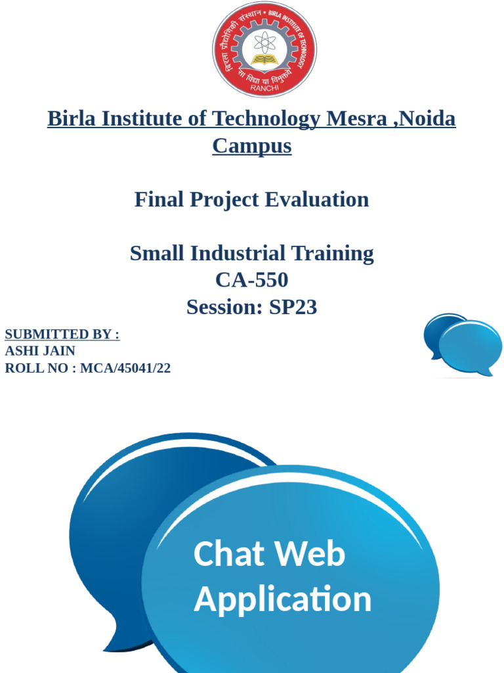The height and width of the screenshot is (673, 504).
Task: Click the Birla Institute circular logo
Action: [264, 50]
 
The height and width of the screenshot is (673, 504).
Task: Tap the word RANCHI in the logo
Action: [264, 88]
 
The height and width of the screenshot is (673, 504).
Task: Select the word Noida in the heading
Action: [427, 119]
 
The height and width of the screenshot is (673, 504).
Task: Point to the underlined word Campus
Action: [252, 146]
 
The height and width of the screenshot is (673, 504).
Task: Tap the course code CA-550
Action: [252, 280]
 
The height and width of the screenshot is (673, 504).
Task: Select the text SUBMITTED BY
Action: [62, 335]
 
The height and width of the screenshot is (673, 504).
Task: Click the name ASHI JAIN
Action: [40, 351]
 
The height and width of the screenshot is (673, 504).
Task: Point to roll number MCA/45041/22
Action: [125, 368]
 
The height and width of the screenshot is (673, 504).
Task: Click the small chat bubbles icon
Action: [462, 344]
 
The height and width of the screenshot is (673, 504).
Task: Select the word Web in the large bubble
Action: [314, 553]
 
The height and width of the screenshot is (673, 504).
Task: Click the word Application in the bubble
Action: [282, 599]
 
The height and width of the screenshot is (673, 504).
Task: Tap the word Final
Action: [159, 199]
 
